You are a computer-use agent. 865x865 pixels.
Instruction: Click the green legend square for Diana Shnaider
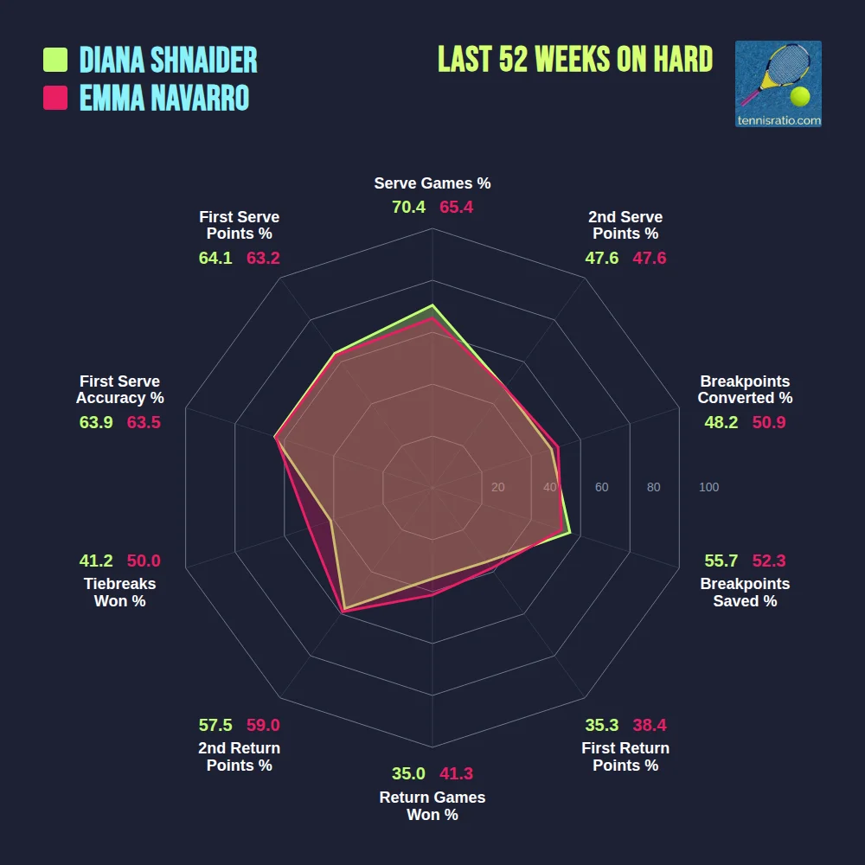(55, 60)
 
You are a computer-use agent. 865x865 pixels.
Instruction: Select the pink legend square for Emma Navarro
(55, 98)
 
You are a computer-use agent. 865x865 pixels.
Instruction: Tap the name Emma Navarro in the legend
(164, 98)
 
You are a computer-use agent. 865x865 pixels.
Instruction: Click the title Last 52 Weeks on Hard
(575, 60)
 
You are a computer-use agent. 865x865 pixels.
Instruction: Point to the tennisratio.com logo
(778, 84)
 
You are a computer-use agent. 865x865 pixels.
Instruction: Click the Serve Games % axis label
(432, 183)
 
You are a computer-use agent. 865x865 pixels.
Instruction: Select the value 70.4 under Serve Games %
(408, 208)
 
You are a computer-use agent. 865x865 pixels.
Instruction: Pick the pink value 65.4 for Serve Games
(456, 208)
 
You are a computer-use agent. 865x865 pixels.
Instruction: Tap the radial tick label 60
(601, 487)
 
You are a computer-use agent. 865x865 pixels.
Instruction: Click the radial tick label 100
(708, 487)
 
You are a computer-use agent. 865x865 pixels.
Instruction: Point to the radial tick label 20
(497, 487)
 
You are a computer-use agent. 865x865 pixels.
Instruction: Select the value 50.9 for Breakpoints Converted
(769, 422)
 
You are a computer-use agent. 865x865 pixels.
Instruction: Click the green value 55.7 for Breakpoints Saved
(721, 560)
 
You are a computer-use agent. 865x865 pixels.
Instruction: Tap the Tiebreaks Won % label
(119, 593)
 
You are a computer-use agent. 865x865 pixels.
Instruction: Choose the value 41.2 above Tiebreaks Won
(96, 561)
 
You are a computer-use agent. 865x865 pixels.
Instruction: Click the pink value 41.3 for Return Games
(456, 773)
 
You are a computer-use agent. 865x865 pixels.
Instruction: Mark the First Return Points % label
(625, 757)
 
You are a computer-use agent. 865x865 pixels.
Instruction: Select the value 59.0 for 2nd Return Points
(263, 725)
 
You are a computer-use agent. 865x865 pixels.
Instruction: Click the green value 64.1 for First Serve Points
(215, 258)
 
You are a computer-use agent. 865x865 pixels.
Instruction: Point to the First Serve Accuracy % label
(119, 389)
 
